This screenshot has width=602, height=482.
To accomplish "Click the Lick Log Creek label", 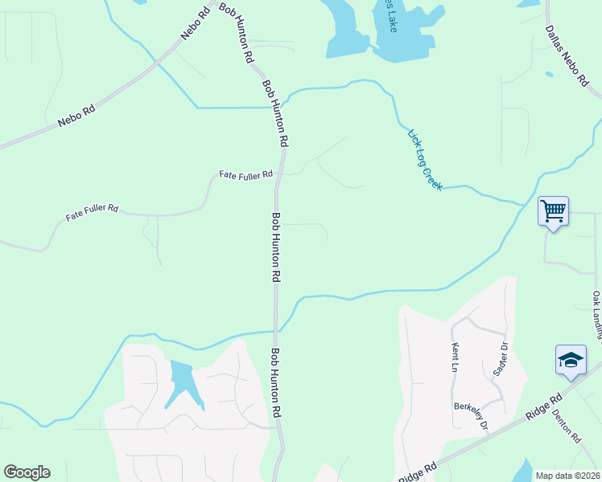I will click(425, 160).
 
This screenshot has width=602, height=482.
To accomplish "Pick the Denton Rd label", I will click(567, 427).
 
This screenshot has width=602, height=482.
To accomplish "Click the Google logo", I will click(27, 472).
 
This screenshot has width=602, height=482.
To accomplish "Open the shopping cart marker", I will click(553, 211).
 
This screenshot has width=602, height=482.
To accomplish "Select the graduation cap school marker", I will click(571, 360).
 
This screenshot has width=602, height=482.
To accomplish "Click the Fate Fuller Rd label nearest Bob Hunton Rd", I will click(246, 174).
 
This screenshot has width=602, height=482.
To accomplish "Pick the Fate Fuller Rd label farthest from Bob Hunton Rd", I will click(92, 212).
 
